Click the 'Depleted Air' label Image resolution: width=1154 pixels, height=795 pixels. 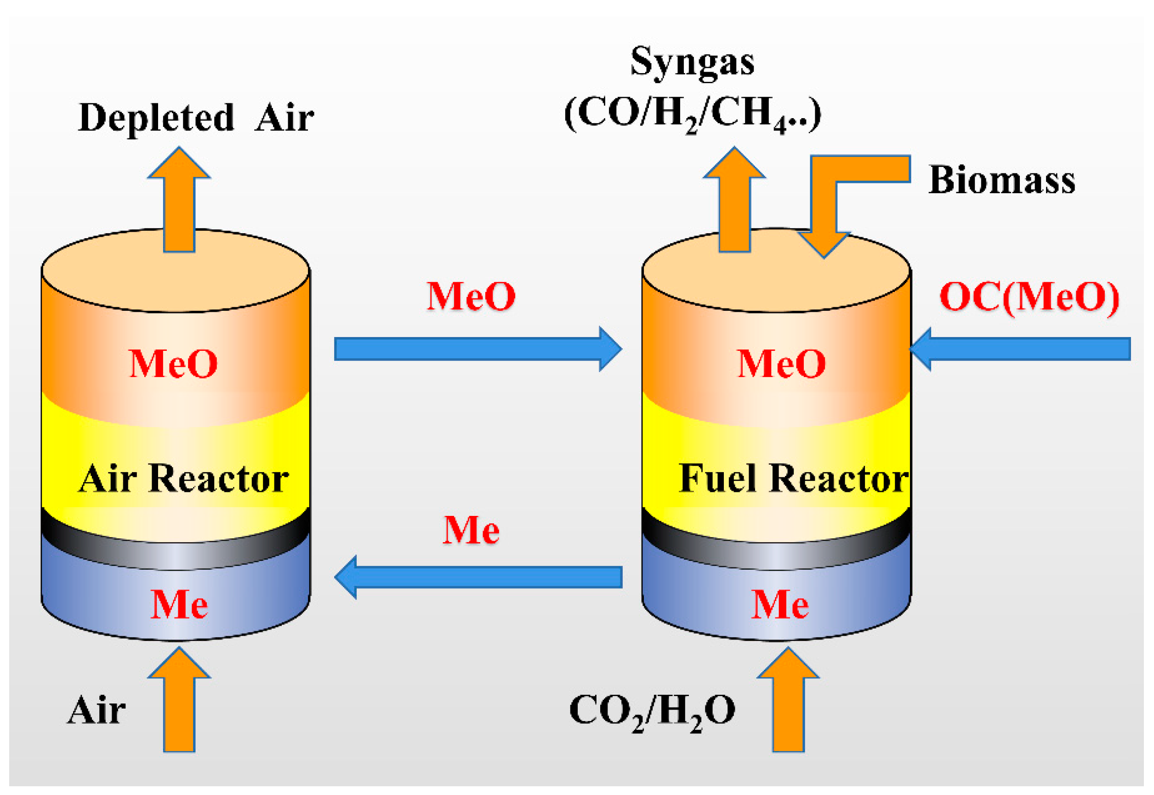coord(196,118)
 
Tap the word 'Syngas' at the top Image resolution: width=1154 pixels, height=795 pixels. coord(692,62)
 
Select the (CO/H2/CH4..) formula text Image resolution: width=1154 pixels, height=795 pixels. coord(692,114)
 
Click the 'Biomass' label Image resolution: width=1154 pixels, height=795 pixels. coord(1001,180)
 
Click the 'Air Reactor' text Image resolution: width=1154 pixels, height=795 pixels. coord(183,478)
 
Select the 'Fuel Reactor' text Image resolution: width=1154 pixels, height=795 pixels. coord(793,478)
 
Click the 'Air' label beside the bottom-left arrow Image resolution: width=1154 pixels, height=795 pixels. coord(96,710)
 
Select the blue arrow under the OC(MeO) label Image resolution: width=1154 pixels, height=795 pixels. coord(1021,349)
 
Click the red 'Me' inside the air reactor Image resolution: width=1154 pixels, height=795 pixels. coord(179,605)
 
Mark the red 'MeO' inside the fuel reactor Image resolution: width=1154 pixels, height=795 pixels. coord(781,364)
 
